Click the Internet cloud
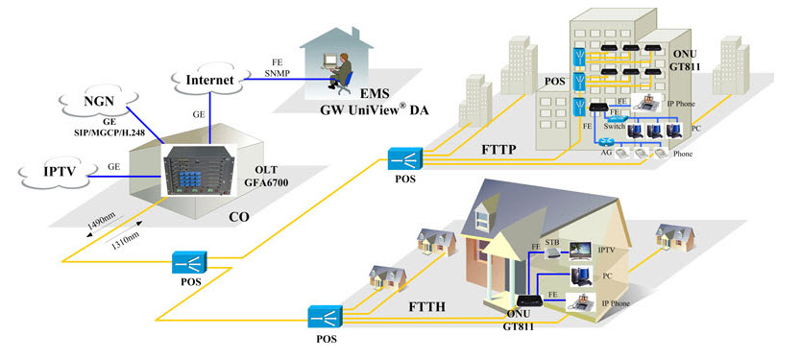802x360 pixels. (x=208, y=81)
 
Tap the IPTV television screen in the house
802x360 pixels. (x=580, y=252)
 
